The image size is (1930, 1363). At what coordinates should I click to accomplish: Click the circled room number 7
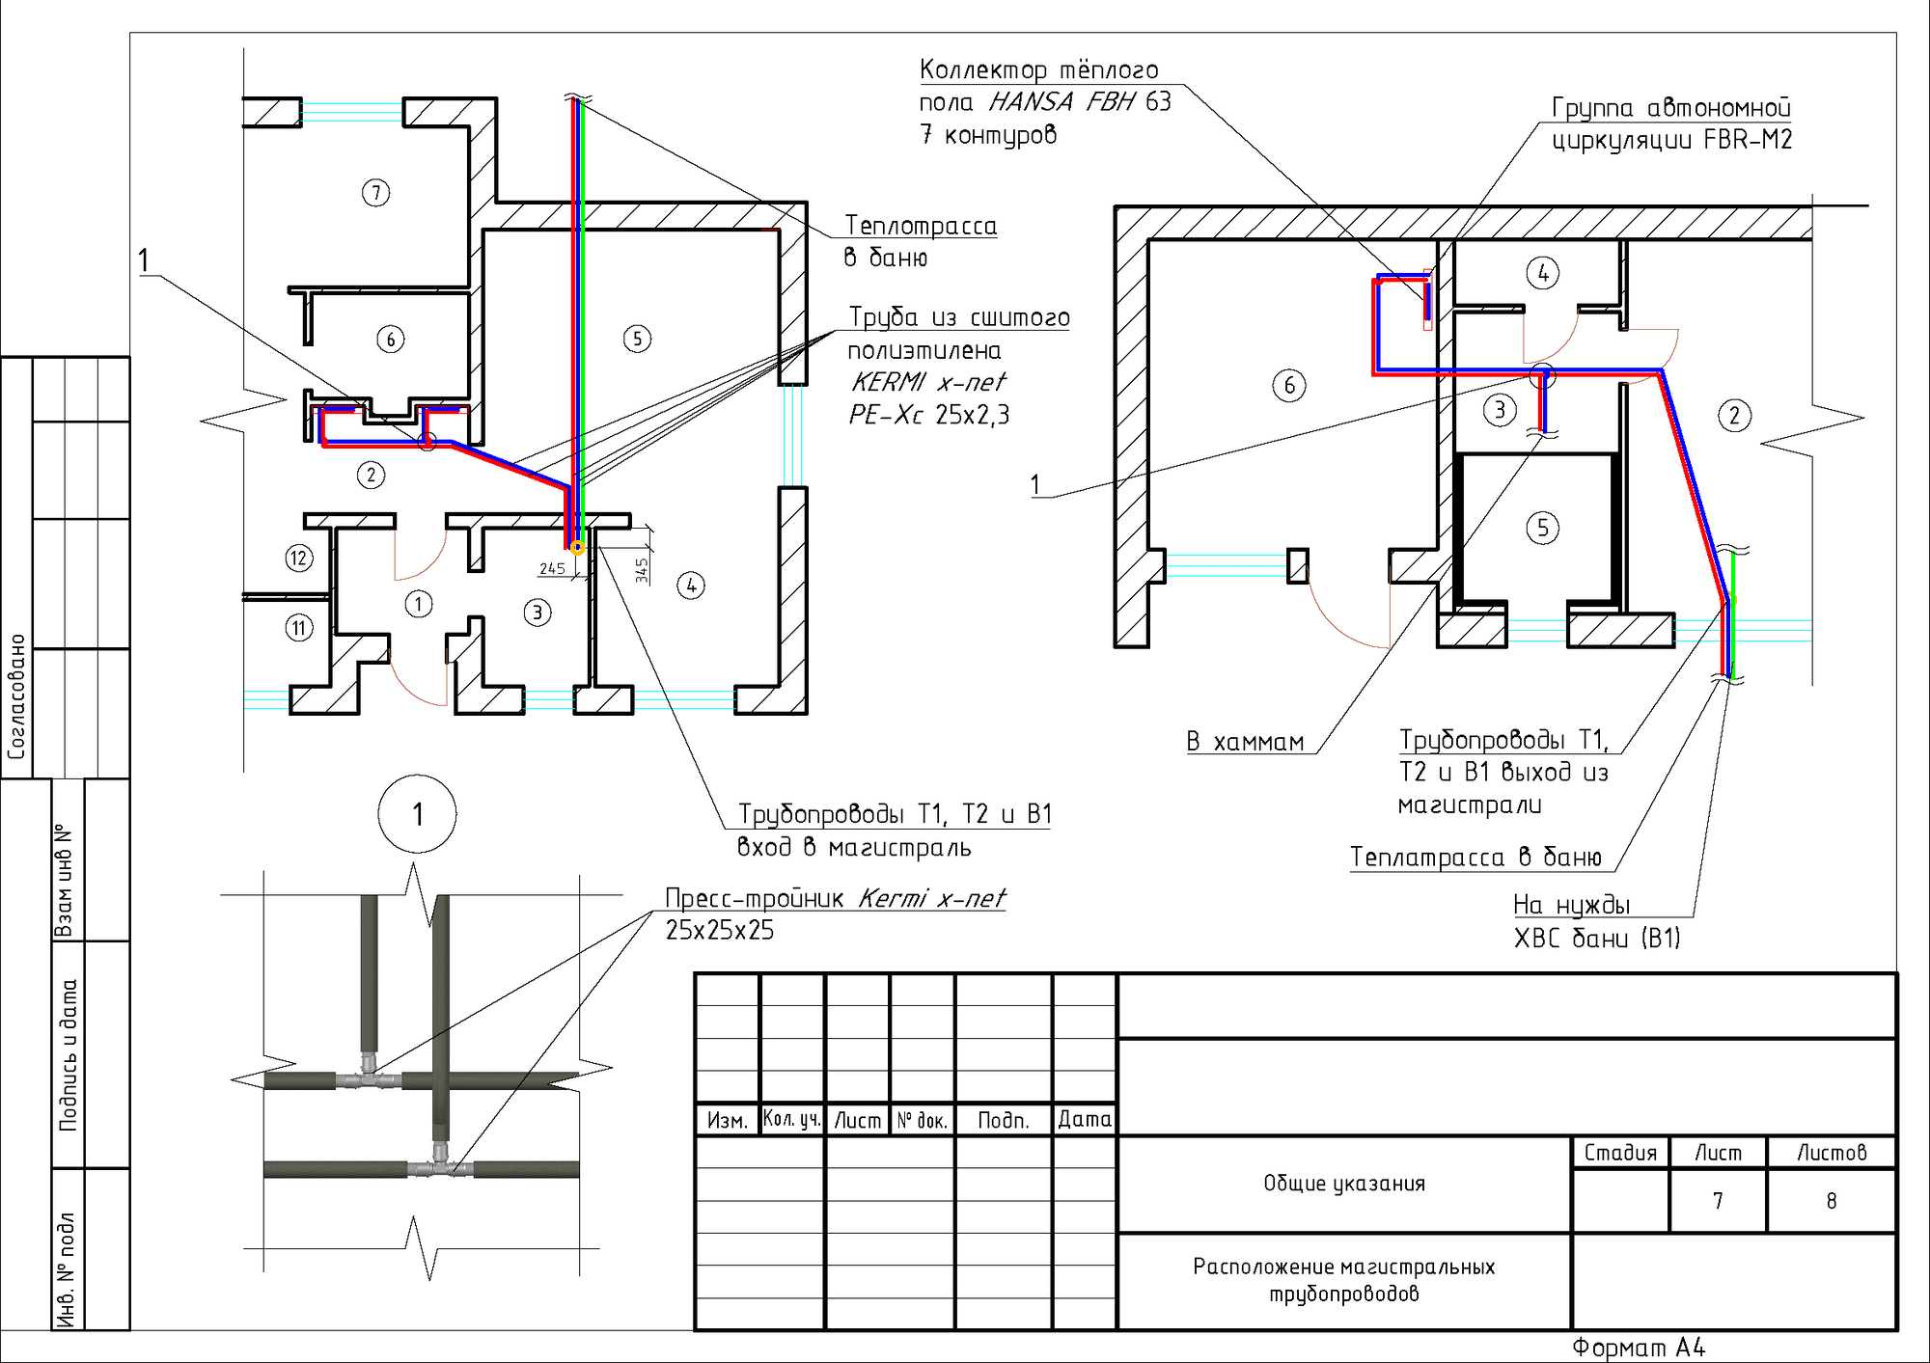(376, 193)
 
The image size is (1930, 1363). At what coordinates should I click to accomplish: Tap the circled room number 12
(299, 558)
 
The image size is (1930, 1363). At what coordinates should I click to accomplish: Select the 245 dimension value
(552, 568)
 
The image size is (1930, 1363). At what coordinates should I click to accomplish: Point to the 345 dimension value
(642, 570)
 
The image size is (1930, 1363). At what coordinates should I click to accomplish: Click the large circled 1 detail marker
(417, 814)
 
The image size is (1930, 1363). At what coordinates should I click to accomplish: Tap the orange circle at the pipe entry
(577, 548)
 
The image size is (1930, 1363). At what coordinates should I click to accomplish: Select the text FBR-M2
(1748, 140)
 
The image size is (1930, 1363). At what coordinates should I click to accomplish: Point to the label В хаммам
(1245, 742)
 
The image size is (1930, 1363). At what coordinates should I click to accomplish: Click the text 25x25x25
(720, 930)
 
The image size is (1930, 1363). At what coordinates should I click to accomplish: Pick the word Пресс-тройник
(755, 898)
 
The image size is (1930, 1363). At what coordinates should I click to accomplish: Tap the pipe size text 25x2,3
(973, 415)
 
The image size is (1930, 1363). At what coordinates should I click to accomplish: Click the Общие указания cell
(1344, 1184)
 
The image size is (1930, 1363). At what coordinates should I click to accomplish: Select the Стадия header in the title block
(1620, 1153)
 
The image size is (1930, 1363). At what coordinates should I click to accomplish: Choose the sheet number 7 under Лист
(1718, 1201)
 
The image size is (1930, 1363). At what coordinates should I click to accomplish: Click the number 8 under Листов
(1832, 1201)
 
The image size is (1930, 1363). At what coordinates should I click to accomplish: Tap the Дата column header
(1085, 1119)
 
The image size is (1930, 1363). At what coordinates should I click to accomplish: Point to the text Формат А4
(1639, 1348)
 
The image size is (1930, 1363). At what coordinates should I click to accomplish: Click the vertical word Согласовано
(16, 696)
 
